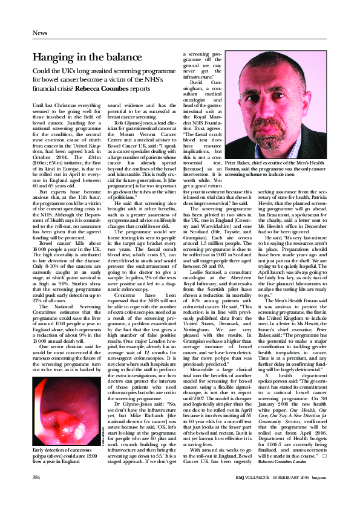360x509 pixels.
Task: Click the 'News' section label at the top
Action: pyautogui.click(x=40, y=33)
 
